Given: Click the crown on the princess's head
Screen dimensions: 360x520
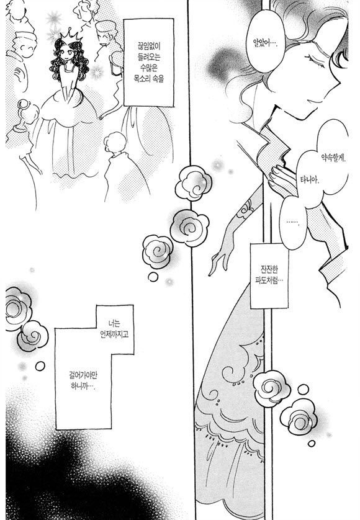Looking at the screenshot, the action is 71,34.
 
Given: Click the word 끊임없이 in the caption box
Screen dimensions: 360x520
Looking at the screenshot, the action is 148,46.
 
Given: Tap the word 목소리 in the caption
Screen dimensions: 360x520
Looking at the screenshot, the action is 142,79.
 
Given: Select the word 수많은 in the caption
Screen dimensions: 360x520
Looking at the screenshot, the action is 148,68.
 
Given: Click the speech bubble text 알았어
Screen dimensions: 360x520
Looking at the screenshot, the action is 265,43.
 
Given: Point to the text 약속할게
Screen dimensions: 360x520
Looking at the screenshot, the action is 333,158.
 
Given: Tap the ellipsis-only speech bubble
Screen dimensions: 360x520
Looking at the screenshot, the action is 293,222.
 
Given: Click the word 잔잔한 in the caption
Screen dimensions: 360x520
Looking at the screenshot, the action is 269,269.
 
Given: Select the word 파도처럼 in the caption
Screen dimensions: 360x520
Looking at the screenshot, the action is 269,280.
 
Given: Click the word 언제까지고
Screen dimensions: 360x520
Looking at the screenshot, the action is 114,334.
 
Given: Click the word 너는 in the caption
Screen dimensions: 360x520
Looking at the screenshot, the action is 114,323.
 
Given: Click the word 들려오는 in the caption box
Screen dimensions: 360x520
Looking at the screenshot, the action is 148,56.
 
